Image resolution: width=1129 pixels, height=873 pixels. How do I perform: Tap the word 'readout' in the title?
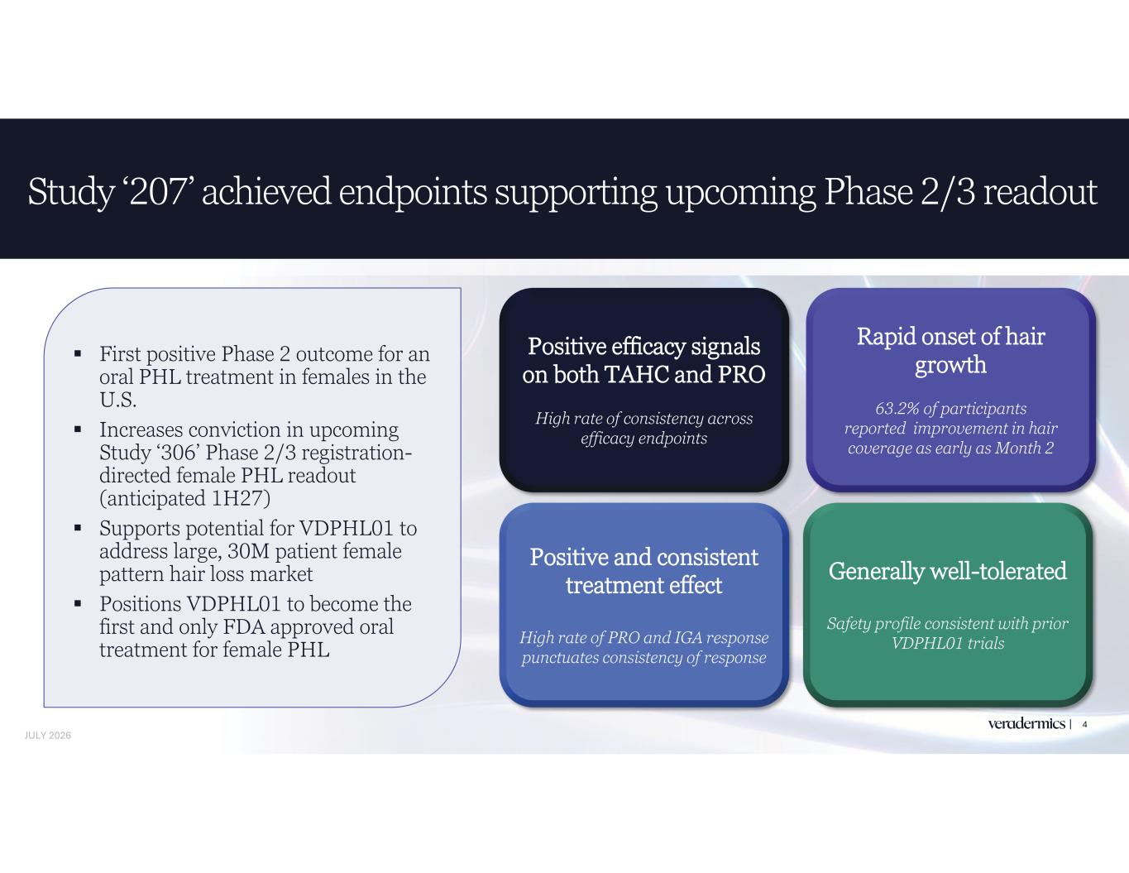click(1040, 191)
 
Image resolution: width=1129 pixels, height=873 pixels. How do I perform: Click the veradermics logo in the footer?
click(1026, 723)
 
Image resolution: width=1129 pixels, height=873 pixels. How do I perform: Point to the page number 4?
click(1084, 724)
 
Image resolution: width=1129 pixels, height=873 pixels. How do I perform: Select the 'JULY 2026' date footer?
click(48, 736)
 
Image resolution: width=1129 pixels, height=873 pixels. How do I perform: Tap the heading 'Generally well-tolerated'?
click(948, 571)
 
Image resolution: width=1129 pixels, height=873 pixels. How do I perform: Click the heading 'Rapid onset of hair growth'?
click(951, 350)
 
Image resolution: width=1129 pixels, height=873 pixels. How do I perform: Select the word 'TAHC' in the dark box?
click(636, 374)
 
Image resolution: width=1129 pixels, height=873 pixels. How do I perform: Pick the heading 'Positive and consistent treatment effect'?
click(643, 571)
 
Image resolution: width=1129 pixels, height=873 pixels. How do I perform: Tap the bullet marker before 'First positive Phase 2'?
click(78, 354)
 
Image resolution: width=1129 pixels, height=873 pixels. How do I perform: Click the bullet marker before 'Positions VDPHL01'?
click(78, 604)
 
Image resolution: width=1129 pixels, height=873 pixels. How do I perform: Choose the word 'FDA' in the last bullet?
click(244, 626)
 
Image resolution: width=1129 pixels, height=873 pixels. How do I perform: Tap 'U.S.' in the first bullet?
click(118, 400)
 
